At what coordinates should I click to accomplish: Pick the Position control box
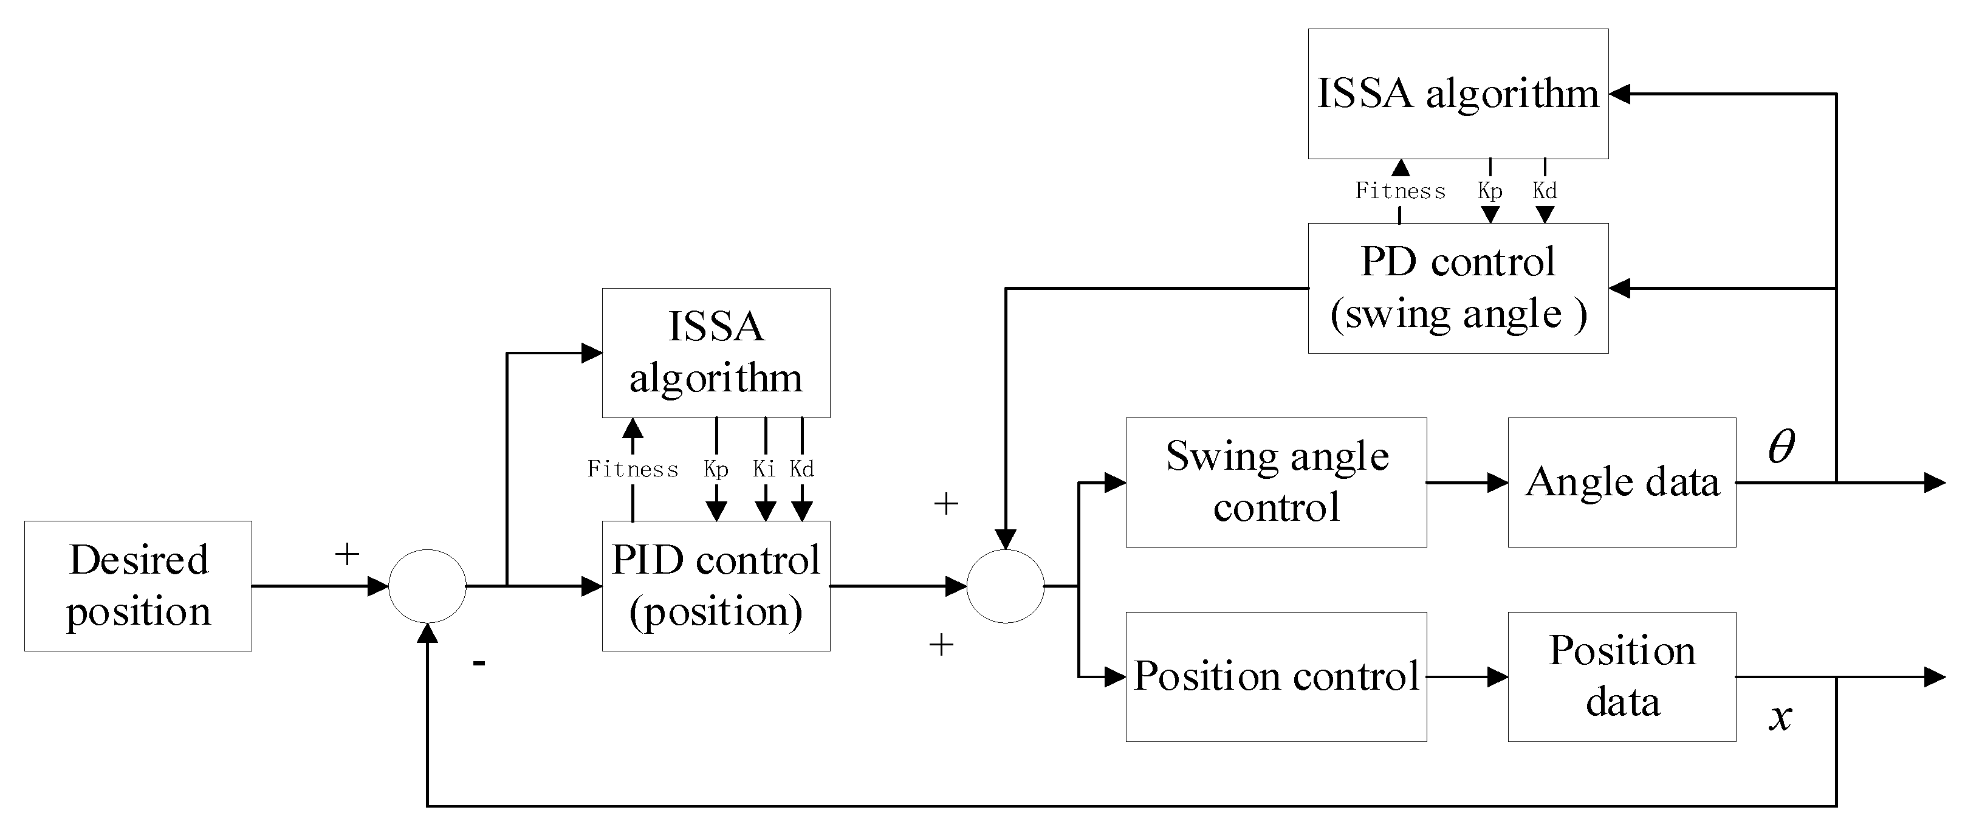click(1275, 676)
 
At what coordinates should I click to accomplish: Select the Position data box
click(1622, 676)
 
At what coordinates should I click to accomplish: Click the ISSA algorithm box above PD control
click(1458, 93)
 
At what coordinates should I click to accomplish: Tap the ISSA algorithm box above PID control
click(716, 352)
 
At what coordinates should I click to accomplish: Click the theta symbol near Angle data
click(1781, 447)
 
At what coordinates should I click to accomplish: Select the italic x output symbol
click(1780, 716)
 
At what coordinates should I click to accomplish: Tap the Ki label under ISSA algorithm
click(764, 469)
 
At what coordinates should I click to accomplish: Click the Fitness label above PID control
click(633, 469)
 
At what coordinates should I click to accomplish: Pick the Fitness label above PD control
click(1400, 191)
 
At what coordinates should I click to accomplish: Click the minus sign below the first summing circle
click(479, 662)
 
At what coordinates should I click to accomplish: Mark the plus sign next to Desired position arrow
click(347, 554)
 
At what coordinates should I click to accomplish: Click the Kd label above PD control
click(1545, 191)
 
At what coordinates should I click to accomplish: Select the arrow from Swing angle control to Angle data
click(1466, 483)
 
